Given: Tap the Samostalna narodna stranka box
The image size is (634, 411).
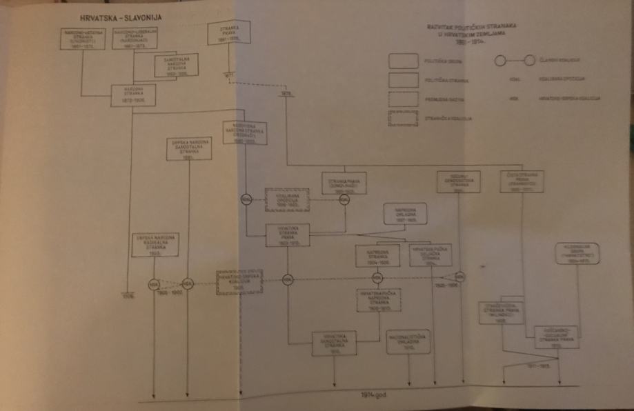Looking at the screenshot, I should [173, 65].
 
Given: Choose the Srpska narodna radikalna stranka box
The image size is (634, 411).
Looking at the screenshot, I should [155, 245].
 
